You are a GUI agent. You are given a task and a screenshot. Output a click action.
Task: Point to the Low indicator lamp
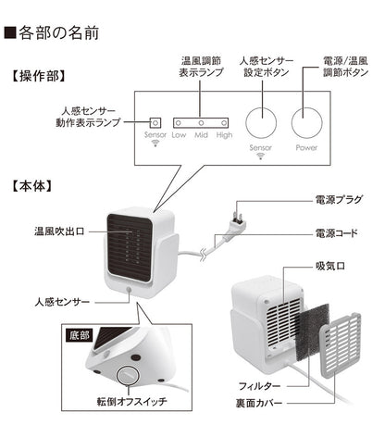click(179, 122)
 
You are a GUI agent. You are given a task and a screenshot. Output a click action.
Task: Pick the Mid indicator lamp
click(201, 122)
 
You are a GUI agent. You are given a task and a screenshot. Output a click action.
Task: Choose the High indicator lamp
click(224, 122)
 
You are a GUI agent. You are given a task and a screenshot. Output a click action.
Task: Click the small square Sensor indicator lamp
click(155, 122)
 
